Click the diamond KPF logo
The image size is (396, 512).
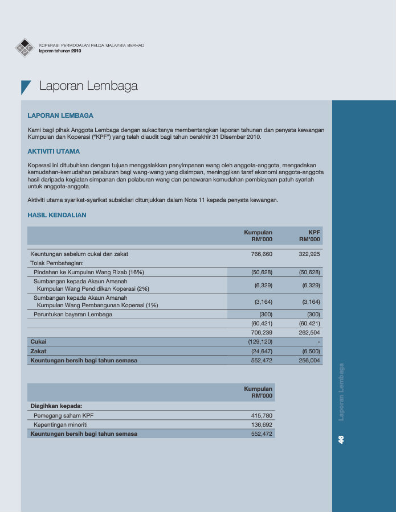pos(25,48)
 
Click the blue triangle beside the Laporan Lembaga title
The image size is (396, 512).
pos(25,86)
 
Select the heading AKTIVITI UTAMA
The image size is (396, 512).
pos(54,151)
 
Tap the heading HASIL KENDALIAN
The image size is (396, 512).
pos(57,215)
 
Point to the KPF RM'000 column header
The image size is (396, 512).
pos(309,236)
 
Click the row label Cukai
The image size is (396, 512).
pos(38,342)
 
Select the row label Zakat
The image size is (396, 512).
pos(38,351)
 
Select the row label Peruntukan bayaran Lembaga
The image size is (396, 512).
pos(73,315)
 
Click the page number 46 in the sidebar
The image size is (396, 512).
pos(341,439)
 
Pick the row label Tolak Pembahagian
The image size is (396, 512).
pos(57,263)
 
